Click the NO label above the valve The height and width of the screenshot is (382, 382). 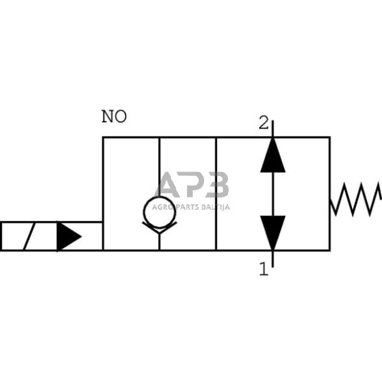114,117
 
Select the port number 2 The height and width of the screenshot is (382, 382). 263,123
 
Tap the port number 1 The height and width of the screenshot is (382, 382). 263,268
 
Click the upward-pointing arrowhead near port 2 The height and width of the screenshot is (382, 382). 273,156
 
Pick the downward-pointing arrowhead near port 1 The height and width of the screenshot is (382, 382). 273,233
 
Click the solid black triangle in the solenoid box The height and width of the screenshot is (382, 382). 68,236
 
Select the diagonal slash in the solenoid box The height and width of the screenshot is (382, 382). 28,236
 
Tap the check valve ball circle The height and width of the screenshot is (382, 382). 159,210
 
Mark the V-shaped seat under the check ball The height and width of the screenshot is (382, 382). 159,227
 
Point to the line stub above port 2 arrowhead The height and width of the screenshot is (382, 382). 273,128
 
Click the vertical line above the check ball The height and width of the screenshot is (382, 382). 159,166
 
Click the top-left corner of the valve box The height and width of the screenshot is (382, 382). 103,138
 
